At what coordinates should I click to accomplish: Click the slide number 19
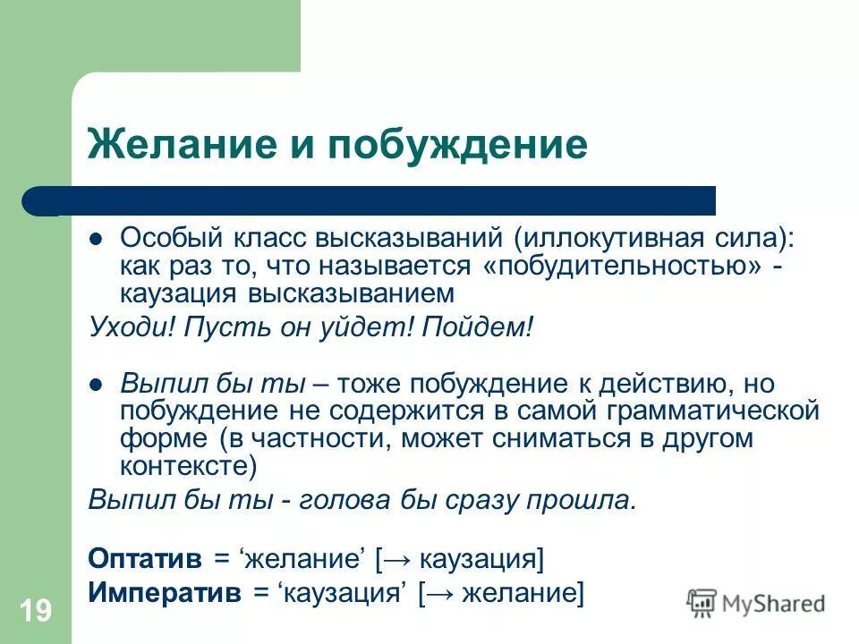pos(35,612)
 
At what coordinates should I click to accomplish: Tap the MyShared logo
pos(756,602)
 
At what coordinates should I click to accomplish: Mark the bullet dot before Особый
pos(98,240)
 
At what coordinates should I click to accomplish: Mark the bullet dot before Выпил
pos(98,385)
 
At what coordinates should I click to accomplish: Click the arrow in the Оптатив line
pos(398,559)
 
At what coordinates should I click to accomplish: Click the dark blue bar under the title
pos(376,200)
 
